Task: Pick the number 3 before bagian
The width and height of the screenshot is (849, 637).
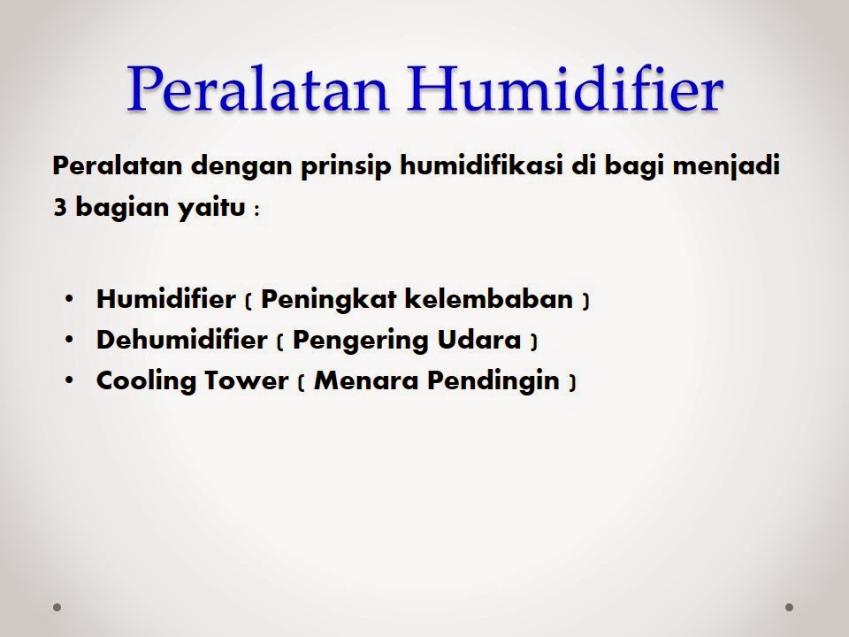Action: tap(59, 210)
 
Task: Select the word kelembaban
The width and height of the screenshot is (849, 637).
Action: tap(489, 299)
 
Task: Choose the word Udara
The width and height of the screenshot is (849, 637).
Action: tap(477, 340)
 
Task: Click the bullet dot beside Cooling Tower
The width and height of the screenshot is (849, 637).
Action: tap(70, 381)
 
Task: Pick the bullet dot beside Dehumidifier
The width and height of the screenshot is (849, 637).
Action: tap(70, 340)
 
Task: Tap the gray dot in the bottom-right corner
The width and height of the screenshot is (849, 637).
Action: tap(789, 608)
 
